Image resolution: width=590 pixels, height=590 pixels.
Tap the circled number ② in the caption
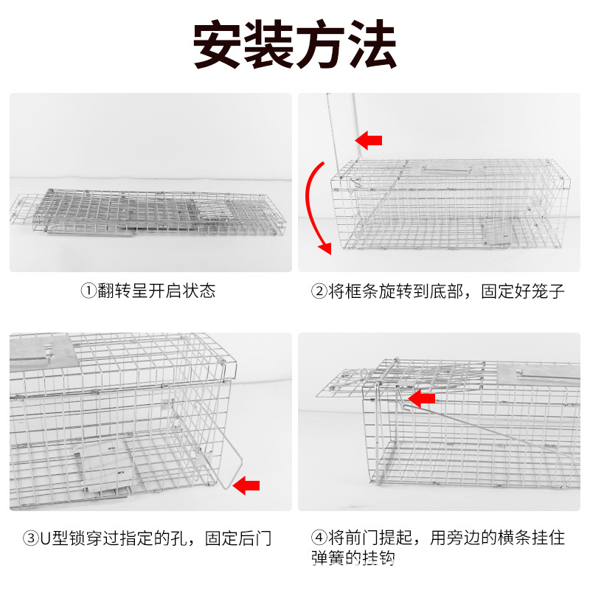click(319, 291)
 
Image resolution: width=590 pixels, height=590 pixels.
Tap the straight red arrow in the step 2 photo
click(369, 139)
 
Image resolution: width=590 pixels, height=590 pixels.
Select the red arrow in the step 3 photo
click(246, 485)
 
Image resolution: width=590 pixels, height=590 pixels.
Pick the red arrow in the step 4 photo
click(422, 399)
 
